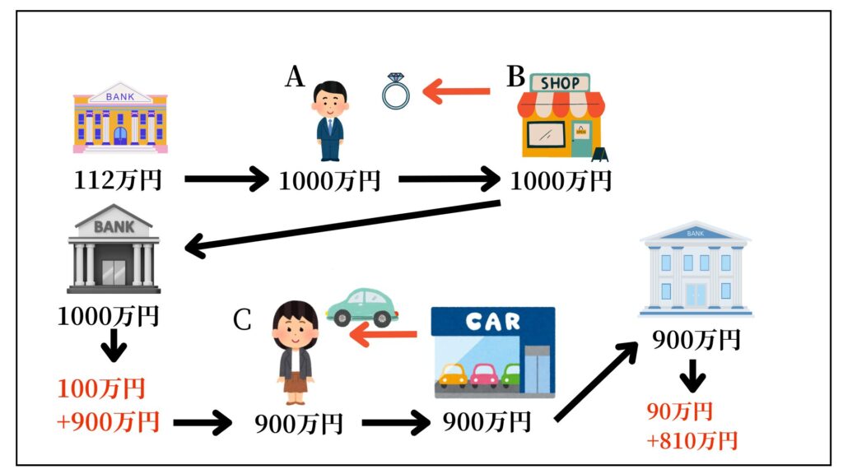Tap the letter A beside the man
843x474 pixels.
pyautogui.click(x=296, y=77)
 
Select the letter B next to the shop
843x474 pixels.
pyautogui.click(x=515, y=77)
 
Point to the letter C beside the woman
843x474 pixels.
pyautogui.click(x=241, y=320)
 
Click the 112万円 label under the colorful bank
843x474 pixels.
pyautogui.click(x=117, y=179)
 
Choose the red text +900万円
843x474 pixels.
pyautogui.click(x=107, y=421)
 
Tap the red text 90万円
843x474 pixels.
pyautogui.click(x=680, y=411)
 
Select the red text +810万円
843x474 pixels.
pyautogui.click(x=692, y=441)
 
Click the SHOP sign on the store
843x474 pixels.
pyautogui.click(x=560, y=82)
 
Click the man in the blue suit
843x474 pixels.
pyautogui.click(x=331, y=120)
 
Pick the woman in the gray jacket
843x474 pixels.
pyautogui.click(x=294, y=353)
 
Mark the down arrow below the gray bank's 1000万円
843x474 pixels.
pyautogui.click(x=112, y=347)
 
